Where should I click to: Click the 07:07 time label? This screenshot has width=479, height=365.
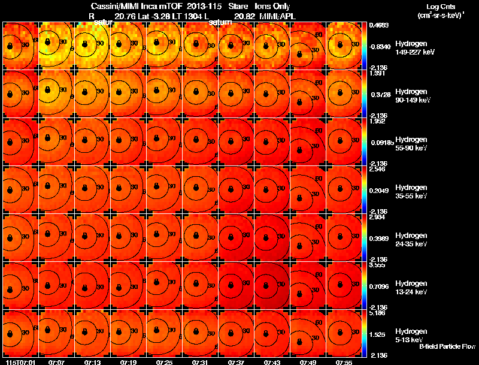point(56,361)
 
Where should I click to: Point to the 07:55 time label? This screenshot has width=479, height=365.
point(344,361)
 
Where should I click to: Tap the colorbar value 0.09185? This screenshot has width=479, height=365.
point(378,143)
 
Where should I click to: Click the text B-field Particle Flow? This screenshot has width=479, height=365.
point(447,347)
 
